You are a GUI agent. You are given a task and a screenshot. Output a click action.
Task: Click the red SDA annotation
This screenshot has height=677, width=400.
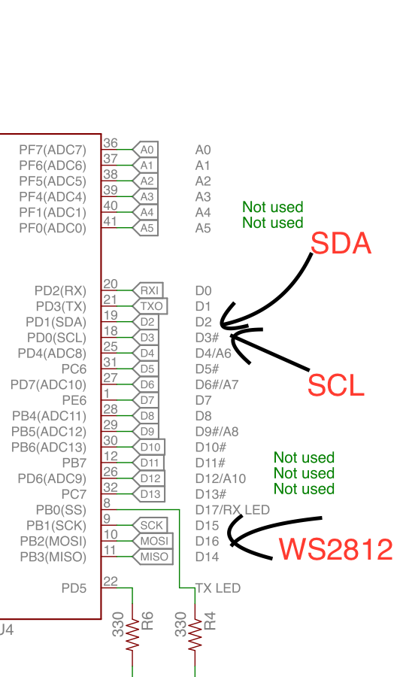click(x=341, y=243)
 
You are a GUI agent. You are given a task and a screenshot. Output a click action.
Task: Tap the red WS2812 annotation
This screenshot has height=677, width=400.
click(x=335, y=549)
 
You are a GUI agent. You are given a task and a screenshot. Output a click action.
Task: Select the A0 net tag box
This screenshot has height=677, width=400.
click(x=145, y=150)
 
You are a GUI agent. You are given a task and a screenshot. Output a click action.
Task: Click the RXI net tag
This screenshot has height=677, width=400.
click(x=148, y=290)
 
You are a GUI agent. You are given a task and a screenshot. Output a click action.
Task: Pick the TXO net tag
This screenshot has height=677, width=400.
click(x=150, y=306)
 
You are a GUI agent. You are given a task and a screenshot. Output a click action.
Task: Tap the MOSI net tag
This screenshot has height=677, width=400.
click(x=153, y=541)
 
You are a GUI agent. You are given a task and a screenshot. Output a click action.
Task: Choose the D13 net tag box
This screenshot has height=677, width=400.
click(x=149, y=494)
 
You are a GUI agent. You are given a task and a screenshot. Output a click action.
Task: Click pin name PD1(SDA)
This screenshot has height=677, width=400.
click(x=56, y=322)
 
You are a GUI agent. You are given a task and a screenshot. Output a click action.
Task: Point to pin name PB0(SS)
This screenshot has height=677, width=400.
click(x=61, y=510)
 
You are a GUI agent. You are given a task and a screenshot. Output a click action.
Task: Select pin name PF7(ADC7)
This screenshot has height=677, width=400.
click(x=53, y=150)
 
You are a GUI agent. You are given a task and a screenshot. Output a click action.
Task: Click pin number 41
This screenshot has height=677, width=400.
click(x=110, y=221)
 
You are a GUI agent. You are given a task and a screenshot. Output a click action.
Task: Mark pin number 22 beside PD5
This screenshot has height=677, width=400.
click(x=110, y=581)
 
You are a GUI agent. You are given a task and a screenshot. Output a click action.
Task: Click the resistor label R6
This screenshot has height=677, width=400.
click(x=147, y=621)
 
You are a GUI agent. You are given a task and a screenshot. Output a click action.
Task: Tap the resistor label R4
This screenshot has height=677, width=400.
click(x=210, y=621)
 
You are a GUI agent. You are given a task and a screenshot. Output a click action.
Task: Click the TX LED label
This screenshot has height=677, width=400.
click(x=218, y=588)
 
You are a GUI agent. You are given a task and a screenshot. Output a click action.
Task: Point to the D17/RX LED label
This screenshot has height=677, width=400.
click(x=232, y=510)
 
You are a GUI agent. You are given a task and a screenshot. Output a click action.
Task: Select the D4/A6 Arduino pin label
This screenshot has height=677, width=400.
click(x=214, y=354)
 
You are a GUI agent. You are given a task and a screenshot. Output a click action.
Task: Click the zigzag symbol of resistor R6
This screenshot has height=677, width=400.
click(x=132, y=634)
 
